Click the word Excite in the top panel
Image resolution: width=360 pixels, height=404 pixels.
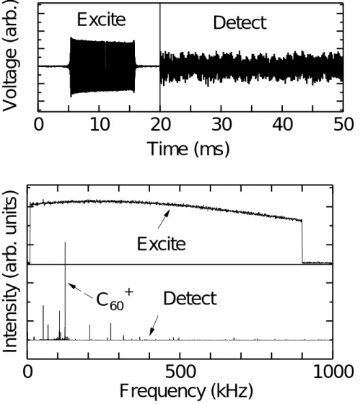102,19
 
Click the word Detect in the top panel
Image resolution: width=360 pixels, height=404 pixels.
240,22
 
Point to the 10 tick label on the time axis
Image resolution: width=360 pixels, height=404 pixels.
100,125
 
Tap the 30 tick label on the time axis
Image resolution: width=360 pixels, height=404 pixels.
221,125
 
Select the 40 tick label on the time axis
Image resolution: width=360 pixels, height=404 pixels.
283,125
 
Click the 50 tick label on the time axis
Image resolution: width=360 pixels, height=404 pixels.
343,125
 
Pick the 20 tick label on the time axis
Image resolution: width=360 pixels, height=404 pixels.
161,125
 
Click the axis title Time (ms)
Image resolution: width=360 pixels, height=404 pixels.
188,149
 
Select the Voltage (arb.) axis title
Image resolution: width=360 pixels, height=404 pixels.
10,56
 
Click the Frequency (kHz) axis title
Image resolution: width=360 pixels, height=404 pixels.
186,391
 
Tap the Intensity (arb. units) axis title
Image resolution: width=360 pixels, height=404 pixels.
10,272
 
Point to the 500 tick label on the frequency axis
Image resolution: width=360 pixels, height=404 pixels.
180,372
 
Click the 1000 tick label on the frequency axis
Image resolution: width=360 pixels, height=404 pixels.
333,372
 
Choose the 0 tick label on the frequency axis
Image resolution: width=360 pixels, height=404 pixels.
28,372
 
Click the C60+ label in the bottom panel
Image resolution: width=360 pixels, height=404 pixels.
115,299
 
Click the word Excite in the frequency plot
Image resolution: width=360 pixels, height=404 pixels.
162,244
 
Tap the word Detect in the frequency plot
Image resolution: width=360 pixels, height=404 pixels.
190,299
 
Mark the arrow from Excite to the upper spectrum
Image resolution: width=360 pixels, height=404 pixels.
164,219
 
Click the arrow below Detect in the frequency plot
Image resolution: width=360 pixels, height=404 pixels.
154,325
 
